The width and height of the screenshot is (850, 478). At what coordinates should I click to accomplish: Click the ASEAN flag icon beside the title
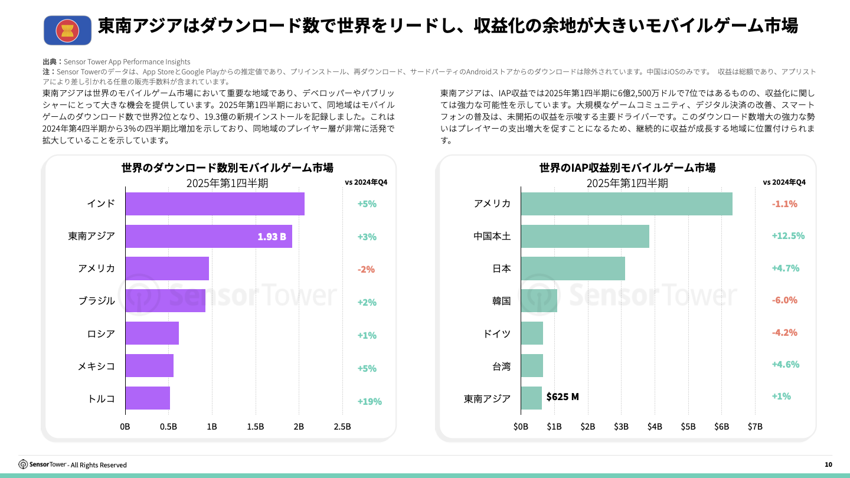tap(67, 30)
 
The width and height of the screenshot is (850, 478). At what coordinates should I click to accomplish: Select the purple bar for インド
tap(215, 204)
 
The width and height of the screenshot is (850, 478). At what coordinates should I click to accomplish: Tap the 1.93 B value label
tap(272, 237)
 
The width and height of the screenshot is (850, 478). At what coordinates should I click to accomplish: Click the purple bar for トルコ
tap(148, 398)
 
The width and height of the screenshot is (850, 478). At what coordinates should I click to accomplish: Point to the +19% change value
tap(370, 401)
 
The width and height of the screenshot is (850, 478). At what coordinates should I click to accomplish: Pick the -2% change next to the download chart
tap(366, 269)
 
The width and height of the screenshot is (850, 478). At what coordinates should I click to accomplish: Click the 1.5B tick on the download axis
tap(255, 427)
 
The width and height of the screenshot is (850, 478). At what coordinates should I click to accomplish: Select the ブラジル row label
tap(97, 301)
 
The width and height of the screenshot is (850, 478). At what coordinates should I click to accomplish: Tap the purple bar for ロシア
tap(152, 333)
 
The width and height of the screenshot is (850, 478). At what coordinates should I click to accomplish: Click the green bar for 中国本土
tap(585, 236)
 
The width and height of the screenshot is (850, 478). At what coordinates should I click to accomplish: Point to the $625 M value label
tap(563, 397)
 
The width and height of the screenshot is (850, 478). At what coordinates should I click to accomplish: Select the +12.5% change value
tap(788, 235)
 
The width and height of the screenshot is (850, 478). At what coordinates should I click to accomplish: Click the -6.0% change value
tap(784, 300)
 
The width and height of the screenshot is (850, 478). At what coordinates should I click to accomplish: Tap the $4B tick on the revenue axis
tap(655, 427)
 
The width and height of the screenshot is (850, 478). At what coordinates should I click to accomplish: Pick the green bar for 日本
tap(573, 269)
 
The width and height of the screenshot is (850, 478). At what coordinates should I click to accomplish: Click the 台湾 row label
tap(501, 366)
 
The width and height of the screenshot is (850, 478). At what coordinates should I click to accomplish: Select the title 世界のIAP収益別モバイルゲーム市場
tap(627, 168)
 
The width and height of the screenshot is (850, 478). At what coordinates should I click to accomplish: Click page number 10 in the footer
tap(828, 465)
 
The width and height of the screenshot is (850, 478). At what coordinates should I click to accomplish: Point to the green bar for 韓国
tap(539, 301)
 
